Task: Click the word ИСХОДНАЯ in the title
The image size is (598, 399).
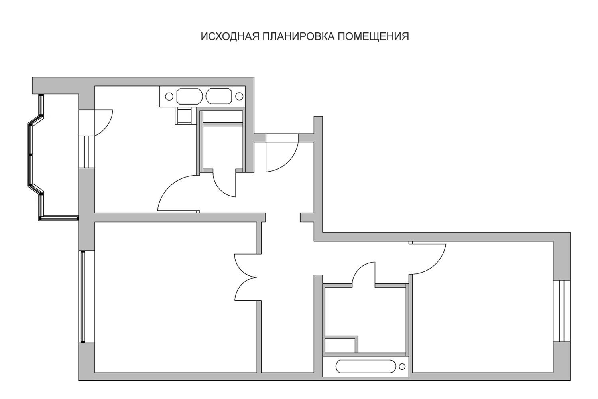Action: coord(230,36)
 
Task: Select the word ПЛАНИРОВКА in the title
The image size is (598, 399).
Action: coord(298,36)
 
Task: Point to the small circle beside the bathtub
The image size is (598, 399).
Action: coord(402,367)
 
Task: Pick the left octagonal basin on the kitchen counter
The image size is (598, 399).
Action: coord(189,96)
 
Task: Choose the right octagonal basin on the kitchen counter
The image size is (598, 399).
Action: coord(218,96)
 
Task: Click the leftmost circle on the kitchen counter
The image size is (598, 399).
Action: coord(169,96)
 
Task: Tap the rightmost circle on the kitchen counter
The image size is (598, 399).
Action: coord(239,96)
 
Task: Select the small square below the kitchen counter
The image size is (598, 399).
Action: coord(183,116)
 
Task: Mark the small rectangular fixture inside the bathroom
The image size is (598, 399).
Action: coord(341,344)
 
